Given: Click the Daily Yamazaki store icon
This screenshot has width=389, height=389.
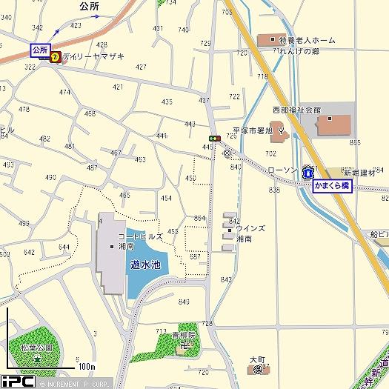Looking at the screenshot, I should pos(55,56).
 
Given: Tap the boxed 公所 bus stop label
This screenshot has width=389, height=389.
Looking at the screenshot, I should pos(39,50).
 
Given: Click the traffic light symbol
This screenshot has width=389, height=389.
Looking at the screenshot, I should pos(214,138).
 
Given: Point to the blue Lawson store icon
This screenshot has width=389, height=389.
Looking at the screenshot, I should pos(307,171).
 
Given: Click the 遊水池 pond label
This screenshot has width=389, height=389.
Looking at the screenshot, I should pos(144,264).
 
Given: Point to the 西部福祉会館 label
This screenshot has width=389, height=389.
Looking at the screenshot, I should pos(296,110).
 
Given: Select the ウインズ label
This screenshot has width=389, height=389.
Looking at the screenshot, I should pos(250,230).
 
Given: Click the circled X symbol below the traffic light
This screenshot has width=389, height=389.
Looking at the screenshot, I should pos(227,153).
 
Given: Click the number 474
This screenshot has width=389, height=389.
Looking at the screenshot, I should pos(64,93).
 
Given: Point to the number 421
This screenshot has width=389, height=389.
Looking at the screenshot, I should pos(118,87).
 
